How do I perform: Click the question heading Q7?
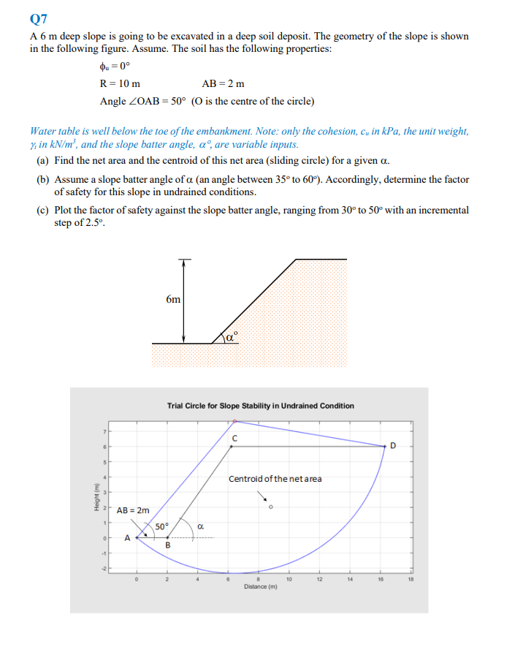tap(39, 18)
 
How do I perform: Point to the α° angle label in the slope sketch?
tap(231, 336)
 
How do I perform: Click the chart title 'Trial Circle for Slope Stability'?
tap(260, 405)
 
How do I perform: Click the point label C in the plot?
tap(234, 439)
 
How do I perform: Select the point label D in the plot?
tap(393, 445)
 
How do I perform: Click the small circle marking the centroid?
tap(270, 507)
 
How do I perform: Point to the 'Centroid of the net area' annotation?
tap(275, 479)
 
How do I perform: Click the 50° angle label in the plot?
tap(161, 526)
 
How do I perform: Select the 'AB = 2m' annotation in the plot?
tap(134, 510)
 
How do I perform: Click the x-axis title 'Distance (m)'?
tap(260, 586)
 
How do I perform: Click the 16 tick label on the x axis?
tap(380, 580)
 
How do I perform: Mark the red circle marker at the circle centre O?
tap(234, 421)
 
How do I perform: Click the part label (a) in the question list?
tap(42, 160)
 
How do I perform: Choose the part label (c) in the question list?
tap(42, 210)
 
